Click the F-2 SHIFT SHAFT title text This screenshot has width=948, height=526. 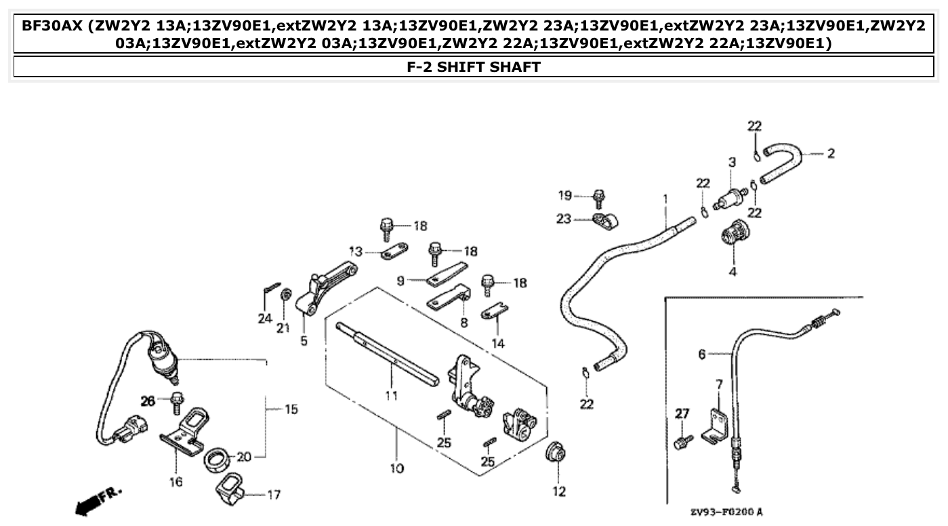tap(474, 66)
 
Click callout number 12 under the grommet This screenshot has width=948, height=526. tap(559, 492)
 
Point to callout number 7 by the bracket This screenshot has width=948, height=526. tap(719, 384)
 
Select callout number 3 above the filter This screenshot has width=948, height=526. tap(732, 162)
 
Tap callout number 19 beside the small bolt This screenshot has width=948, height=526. tap(565, 196)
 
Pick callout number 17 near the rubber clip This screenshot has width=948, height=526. tap(273, 495)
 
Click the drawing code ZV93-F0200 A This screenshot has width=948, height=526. tap(726, 512)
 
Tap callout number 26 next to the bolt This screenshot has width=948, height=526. tap(148, 401)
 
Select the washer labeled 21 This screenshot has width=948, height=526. tap(287, 294)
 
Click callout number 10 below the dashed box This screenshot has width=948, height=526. tap(396, 468)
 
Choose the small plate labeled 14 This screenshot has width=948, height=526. tap(495, 312)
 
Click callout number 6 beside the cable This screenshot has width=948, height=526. tap(702, 354)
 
